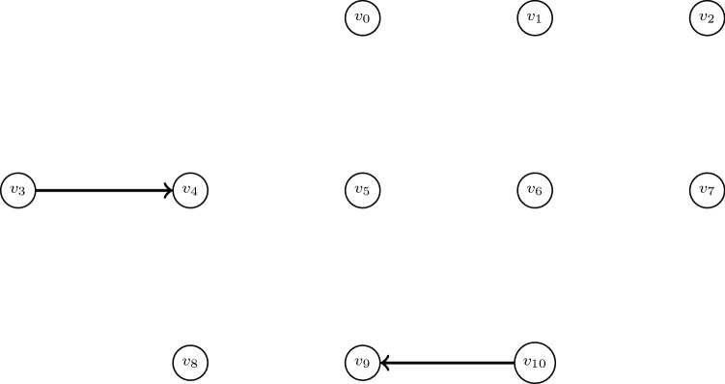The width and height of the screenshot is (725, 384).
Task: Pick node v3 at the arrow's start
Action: (x=17, y=190)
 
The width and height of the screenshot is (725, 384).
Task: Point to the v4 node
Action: (x=189, y=190)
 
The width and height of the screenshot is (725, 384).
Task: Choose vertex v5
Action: (x=362, y=190)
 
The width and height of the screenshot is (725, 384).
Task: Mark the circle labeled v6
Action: (x=535, y=190)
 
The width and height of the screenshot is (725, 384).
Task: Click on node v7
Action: (x=708, y=190)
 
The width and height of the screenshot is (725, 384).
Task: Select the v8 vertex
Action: (x=189, y=363)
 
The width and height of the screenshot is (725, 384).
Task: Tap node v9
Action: (x=362, y=363)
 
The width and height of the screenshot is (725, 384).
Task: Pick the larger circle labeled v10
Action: (x=535, y=363)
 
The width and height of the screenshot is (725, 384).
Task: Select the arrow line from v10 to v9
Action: (x=449, y=363)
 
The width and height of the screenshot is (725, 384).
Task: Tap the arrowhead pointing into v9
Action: (x=383, y=363)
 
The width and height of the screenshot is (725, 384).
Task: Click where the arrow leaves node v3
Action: (x=36, y=190)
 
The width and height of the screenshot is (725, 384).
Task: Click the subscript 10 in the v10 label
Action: (x=540, y=366)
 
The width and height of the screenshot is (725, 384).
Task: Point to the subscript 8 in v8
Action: (x=193, y=366)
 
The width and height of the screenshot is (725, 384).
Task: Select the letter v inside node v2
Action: (x=704, y=17)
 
